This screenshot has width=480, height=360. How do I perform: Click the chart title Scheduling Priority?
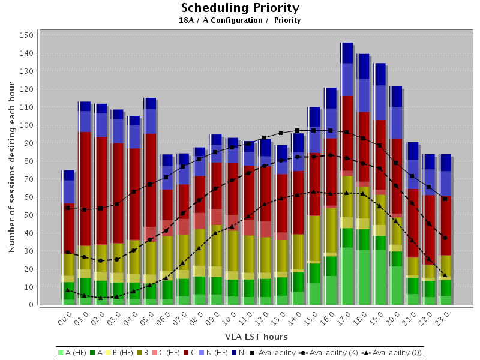point(239,8)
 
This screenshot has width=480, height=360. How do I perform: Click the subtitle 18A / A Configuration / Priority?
point(239,20)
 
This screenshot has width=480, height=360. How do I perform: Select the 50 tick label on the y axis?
point(28,215)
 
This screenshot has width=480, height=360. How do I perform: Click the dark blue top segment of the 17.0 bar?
point(346,53)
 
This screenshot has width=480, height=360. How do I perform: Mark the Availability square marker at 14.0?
point(297,130)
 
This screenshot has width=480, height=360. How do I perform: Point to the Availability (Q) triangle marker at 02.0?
point(101,298)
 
